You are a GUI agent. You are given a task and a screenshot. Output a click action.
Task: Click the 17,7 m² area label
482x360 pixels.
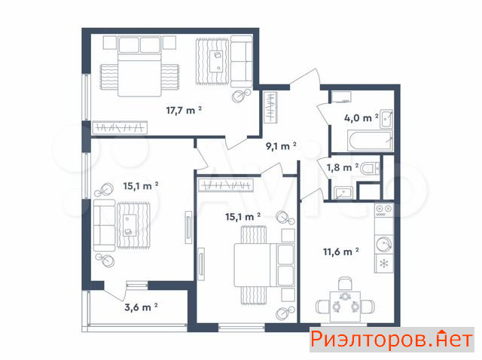(x=184, y=110)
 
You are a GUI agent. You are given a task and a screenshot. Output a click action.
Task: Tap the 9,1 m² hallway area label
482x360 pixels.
(x=281, y=145)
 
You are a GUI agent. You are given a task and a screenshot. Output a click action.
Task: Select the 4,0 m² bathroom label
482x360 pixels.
(x=361, y=117)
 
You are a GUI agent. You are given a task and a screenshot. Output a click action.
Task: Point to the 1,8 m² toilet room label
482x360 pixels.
(x=343, y=167)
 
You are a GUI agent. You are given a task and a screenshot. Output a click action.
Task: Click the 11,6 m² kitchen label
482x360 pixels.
(x=341, y=252)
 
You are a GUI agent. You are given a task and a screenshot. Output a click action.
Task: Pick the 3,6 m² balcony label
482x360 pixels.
(x=141, y=307)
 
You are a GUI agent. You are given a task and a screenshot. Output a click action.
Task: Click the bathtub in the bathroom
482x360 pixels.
(x=370, y=141)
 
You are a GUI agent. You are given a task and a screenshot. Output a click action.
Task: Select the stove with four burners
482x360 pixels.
(x=384, y=210)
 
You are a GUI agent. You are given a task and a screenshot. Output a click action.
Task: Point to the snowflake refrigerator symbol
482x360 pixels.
(x=384, y=264)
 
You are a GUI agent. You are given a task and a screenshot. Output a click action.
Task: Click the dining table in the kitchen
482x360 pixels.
(x=345, y=307)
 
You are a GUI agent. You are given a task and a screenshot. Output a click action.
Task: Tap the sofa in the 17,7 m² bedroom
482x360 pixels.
(x=242, y=62)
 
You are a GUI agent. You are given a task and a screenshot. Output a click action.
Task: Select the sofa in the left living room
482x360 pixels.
(x=104, y=225)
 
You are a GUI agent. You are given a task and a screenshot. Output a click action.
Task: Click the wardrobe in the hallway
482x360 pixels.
(x=271, y=107)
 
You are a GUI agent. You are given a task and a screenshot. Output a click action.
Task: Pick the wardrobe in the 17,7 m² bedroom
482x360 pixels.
(x=120, y=127)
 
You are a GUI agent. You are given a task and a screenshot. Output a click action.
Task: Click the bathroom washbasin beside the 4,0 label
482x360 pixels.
(x=386, y=118)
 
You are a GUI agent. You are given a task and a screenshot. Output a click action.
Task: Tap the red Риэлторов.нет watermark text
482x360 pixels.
(x=392, y=340)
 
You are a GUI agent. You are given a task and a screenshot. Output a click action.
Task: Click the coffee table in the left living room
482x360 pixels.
(x=130, y=225)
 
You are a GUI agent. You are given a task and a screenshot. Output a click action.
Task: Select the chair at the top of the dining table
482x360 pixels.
(x=345, y=283)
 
